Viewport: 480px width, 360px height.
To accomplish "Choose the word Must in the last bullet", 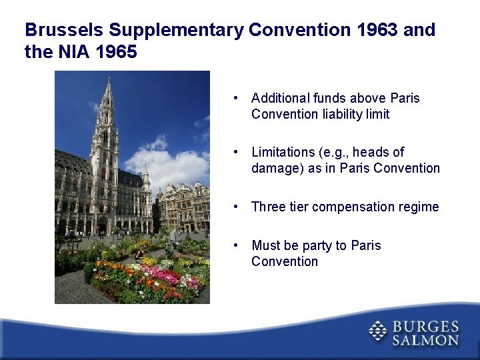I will click(x=265, y=245).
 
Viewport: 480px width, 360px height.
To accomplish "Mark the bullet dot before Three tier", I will click(x=237, y=207).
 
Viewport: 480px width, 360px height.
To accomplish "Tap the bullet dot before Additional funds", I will click(x=237, y=98).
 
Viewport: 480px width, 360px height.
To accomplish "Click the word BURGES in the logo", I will click(x=425, y=327).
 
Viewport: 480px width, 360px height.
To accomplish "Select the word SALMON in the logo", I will click(x=425, y=340).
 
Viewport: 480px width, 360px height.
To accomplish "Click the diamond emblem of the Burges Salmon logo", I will click(x=378, y=332).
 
